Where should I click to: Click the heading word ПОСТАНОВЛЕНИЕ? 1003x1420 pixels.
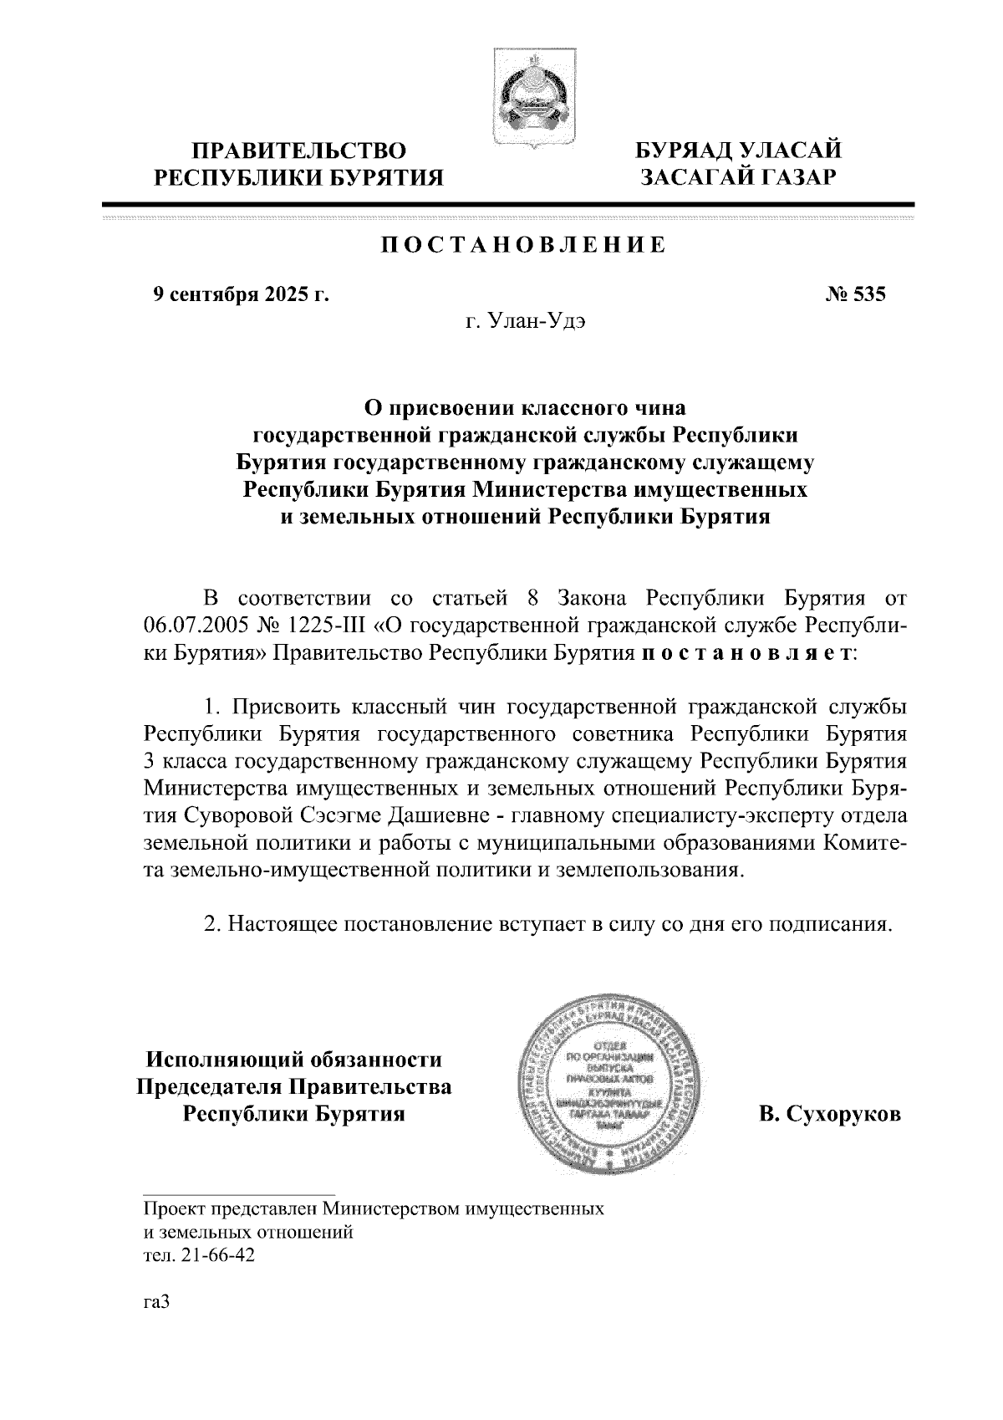pos(524,245)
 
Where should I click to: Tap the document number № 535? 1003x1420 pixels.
pos(855,294)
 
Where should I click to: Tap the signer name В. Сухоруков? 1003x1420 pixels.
pos(830,1114)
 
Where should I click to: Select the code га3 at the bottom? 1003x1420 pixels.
pos(156,1302)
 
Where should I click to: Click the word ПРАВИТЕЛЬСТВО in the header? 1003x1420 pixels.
pos(298,151)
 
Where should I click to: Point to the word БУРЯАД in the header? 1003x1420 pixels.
pos(685,151)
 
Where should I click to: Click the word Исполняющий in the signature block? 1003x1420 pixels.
pos(224,1060)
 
